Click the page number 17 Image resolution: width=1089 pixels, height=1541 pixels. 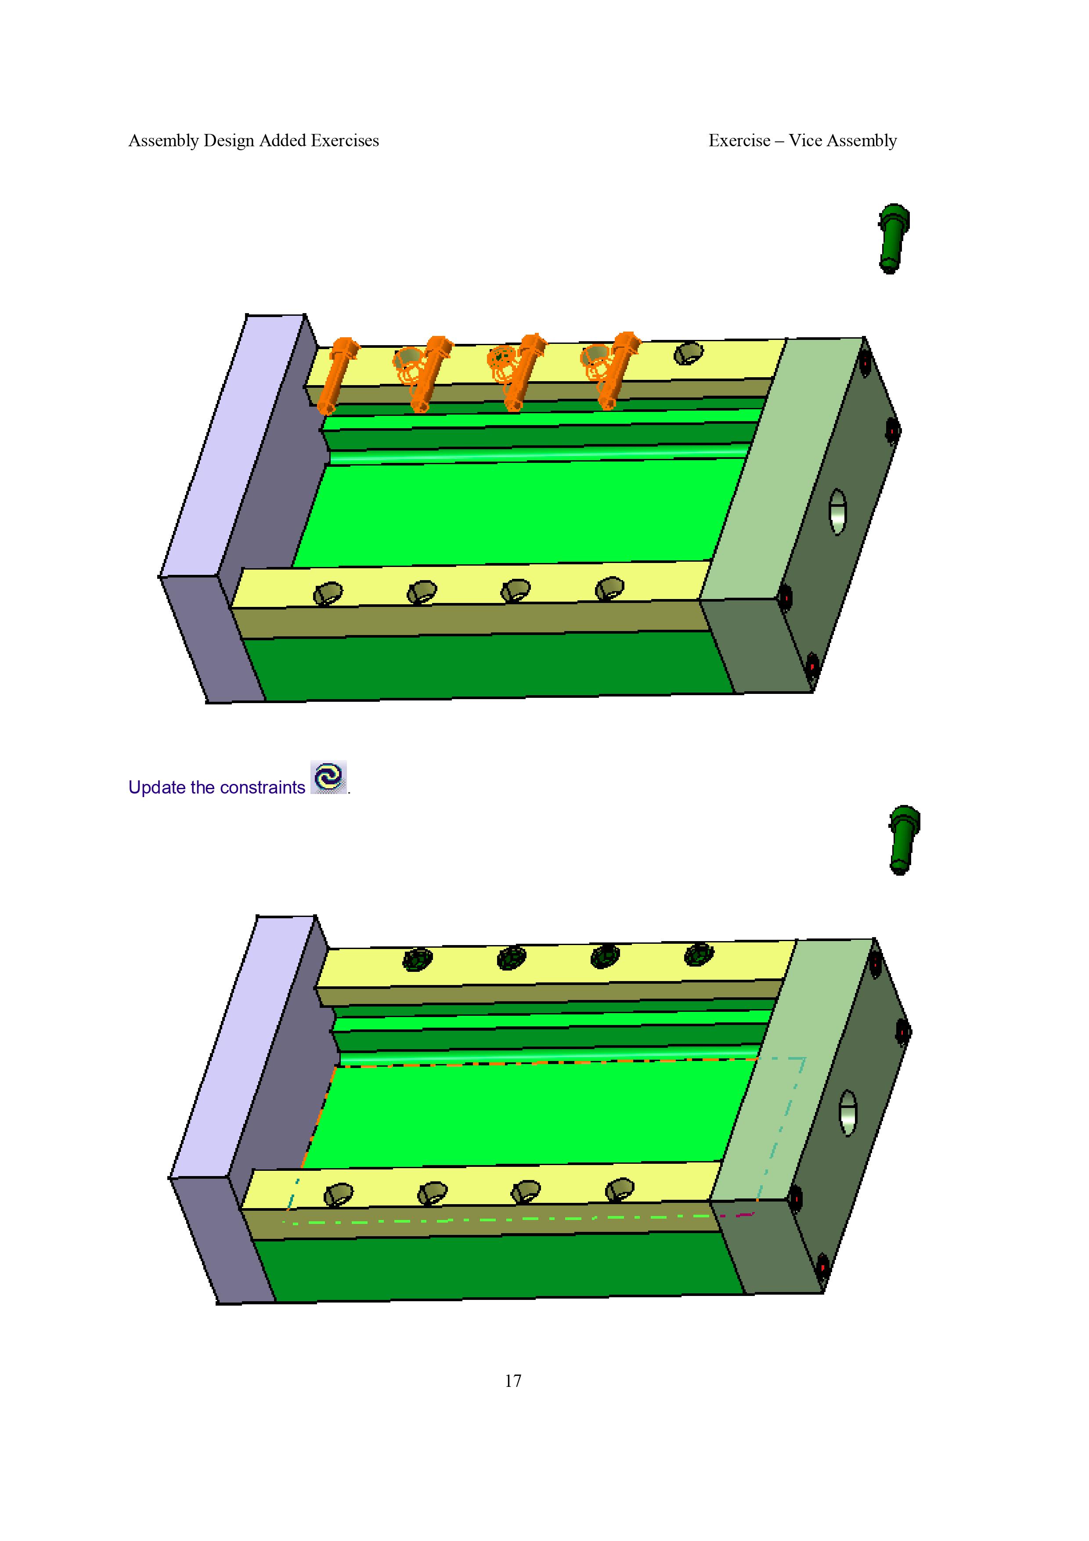click(x=513, y=1381)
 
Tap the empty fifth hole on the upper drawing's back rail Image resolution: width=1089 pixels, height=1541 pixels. click(x=689, y=353)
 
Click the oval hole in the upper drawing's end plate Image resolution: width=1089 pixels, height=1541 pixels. click(x=837, y=512)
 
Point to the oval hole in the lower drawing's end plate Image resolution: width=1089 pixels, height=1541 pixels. click(x=848, y=1113)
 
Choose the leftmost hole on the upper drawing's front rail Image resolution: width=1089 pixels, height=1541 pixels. click(x=328, y=593)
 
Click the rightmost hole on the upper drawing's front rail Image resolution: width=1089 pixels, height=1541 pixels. click(x=610, y=588)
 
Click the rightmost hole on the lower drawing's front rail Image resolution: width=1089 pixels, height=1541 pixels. click(x=620, y=1189)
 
